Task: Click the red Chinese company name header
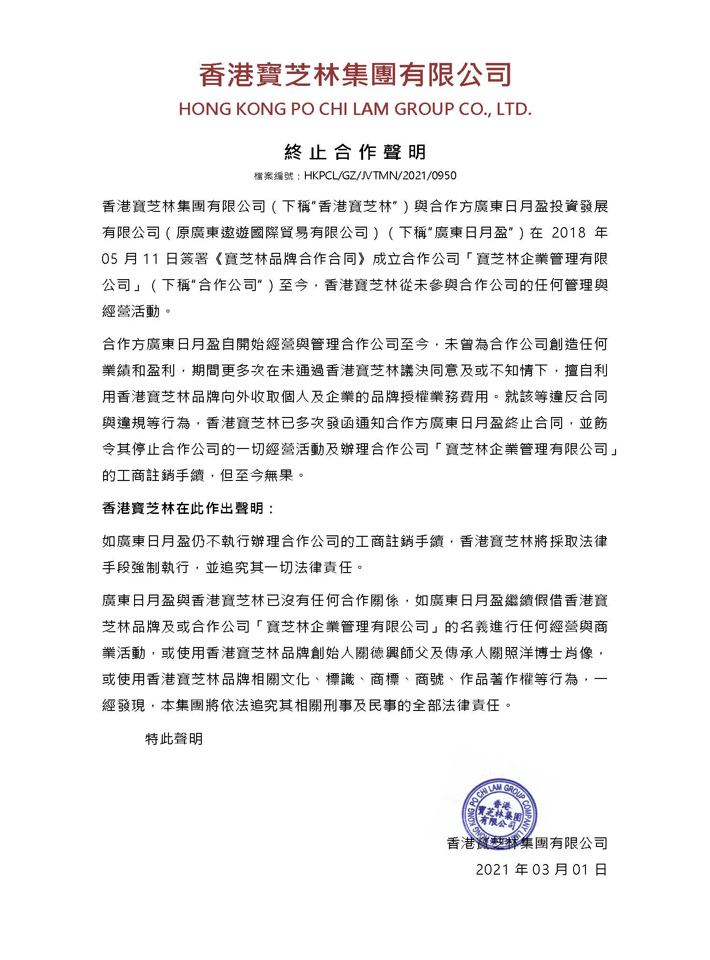(x=355, y=75)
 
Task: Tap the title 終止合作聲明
(x=355, y=152)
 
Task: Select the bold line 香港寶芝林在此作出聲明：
(x=189, y=508)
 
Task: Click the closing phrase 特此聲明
(x=174, y=739)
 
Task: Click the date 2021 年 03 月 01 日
(x=541, y=869)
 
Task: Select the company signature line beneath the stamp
(x=527, y=843)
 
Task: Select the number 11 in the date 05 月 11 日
(x=150, y=259)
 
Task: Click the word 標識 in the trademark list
(x=340, y=679)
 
